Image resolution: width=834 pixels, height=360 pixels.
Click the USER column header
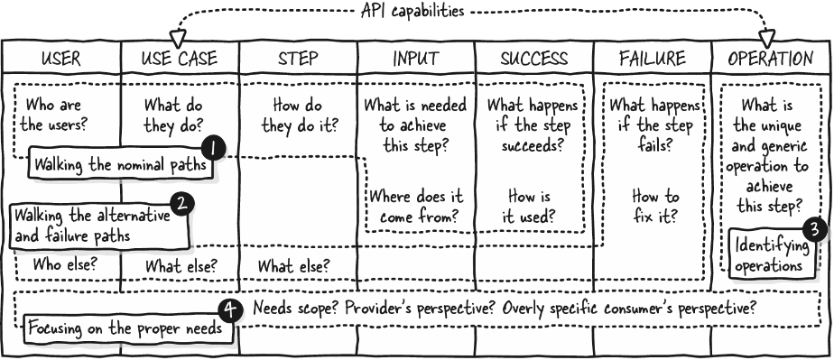(61, 58)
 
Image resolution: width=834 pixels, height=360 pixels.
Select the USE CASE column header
(180, 58)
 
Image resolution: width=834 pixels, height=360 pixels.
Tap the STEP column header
(298, 58)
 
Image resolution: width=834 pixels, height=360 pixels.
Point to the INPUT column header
(416, 58)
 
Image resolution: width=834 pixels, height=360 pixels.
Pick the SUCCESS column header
(534, 58)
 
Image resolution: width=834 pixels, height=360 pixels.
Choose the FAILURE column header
(652, 58)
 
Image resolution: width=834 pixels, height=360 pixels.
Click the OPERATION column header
(771, 58)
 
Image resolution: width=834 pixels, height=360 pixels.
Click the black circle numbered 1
(213, 149)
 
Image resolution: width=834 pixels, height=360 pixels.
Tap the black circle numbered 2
(182, 204)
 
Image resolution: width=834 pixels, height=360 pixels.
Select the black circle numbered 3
(815, 230)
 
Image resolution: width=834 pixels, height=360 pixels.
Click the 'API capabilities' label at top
(412, 11)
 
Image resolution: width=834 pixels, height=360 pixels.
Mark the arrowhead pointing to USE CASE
(178, 38)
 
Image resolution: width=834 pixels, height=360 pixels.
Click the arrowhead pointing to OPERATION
(767, 38)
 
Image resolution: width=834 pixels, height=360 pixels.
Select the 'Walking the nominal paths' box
(122, 164)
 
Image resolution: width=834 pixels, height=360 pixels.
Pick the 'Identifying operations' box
(771, 254)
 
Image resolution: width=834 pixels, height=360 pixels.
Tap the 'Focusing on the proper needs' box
(127, 328)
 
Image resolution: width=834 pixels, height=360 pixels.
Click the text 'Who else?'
(64, 263)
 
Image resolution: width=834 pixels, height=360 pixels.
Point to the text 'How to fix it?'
(655, 207)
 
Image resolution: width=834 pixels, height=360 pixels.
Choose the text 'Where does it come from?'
(416, 207)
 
